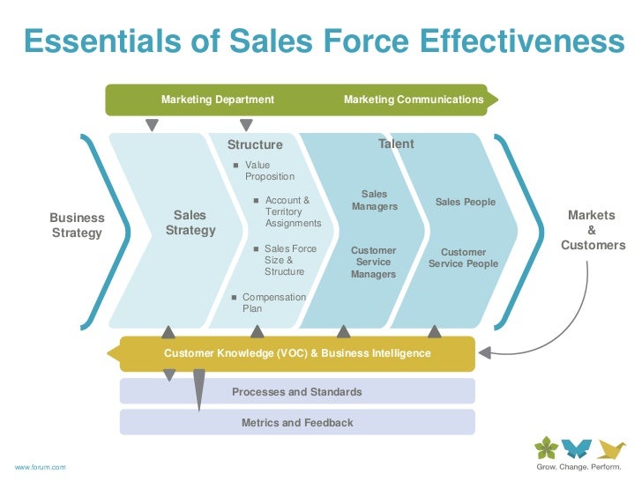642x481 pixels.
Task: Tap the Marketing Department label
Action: (x=217, y=100)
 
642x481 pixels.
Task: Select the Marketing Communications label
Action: (x=413, y=100)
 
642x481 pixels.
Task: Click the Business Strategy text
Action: (x=77, y=225)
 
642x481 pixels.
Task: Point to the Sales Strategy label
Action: (x=190, y=222)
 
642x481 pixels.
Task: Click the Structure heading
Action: (x=255, y=144)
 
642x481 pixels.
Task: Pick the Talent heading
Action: (x=396, y=144)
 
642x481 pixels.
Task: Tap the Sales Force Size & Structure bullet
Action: (x=289, y=260)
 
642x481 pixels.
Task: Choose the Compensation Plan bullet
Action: (x=273, y=303)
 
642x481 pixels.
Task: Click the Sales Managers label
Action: (x=374, y=200)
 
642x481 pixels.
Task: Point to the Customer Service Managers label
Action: (x=373, y=263)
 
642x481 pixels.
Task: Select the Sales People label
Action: (x=465, y=203)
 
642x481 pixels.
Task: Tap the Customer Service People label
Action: (x=463, y=258)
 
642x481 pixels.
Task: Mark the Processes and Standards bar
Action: (x=297, y=391)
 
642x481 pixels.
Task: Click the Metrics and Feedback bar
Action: (x=297, y=422)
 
